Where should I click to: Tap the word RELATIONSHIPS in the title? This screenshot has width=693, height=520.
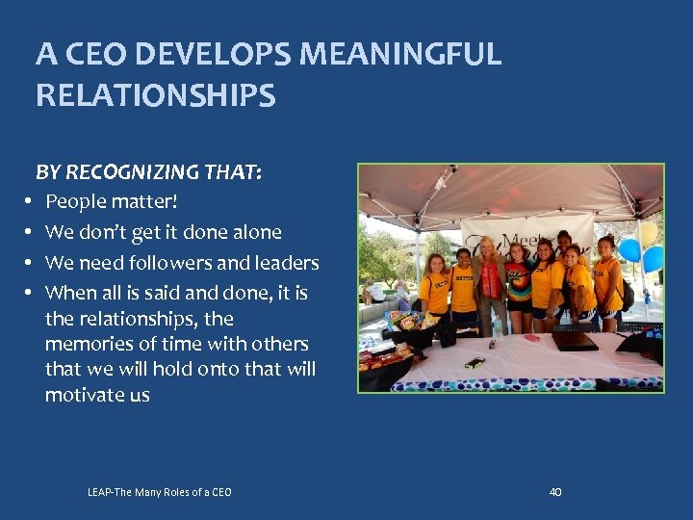point(156,96)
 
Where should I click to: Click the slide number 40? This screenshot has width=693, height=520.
point(554,492)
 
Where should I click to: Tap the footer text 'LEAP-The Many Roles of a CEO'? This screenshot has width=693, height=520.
point(159,493)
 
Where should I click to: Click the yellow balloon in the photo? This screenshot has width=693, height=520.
point(649,232)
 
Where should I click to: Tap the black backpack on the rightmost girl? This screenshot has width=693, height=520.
point(627,294)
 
